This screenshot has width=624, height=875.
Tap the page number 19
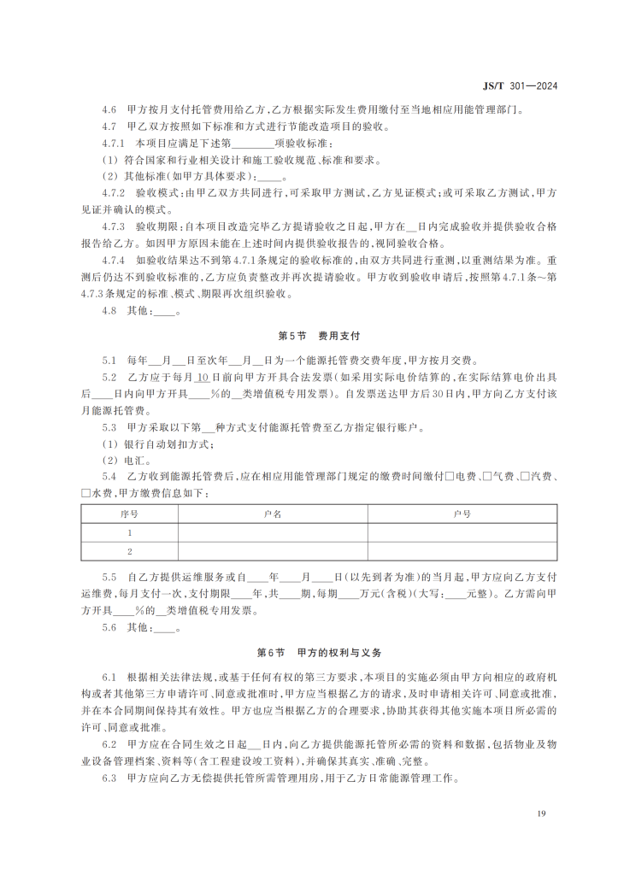(542, 813)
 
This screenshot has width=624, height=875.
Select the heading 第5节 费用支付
(312, 337)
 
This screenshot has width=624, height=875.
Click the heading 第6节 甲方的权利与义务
(312, 652)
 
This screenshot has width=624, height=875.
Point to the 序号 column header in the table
(130, 514)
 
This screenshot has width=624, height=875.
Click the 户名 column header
(273, 514)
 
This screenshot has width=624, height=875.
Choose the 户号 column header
(462, 514)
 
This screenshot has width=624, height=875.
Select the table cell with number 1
(130, 532)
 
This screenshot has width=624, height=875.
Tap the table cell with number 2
(130, 551)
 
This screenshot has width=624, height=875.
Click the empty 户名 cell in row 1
(273, 532)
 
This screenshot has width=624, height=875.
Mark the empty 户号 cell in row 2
(462, 551)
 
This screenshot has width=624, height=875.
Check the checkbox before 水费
(85, 493)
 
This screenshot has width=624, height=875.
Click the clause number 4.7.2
(113, 193)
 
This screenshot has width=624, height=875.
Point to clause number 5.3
(109, 426)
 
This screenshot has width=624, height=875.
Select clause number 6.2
(109, 744)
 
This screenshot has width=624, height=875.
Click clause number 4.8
(109, 311)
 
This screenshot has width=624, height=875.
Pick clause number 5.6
(109, 627)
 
